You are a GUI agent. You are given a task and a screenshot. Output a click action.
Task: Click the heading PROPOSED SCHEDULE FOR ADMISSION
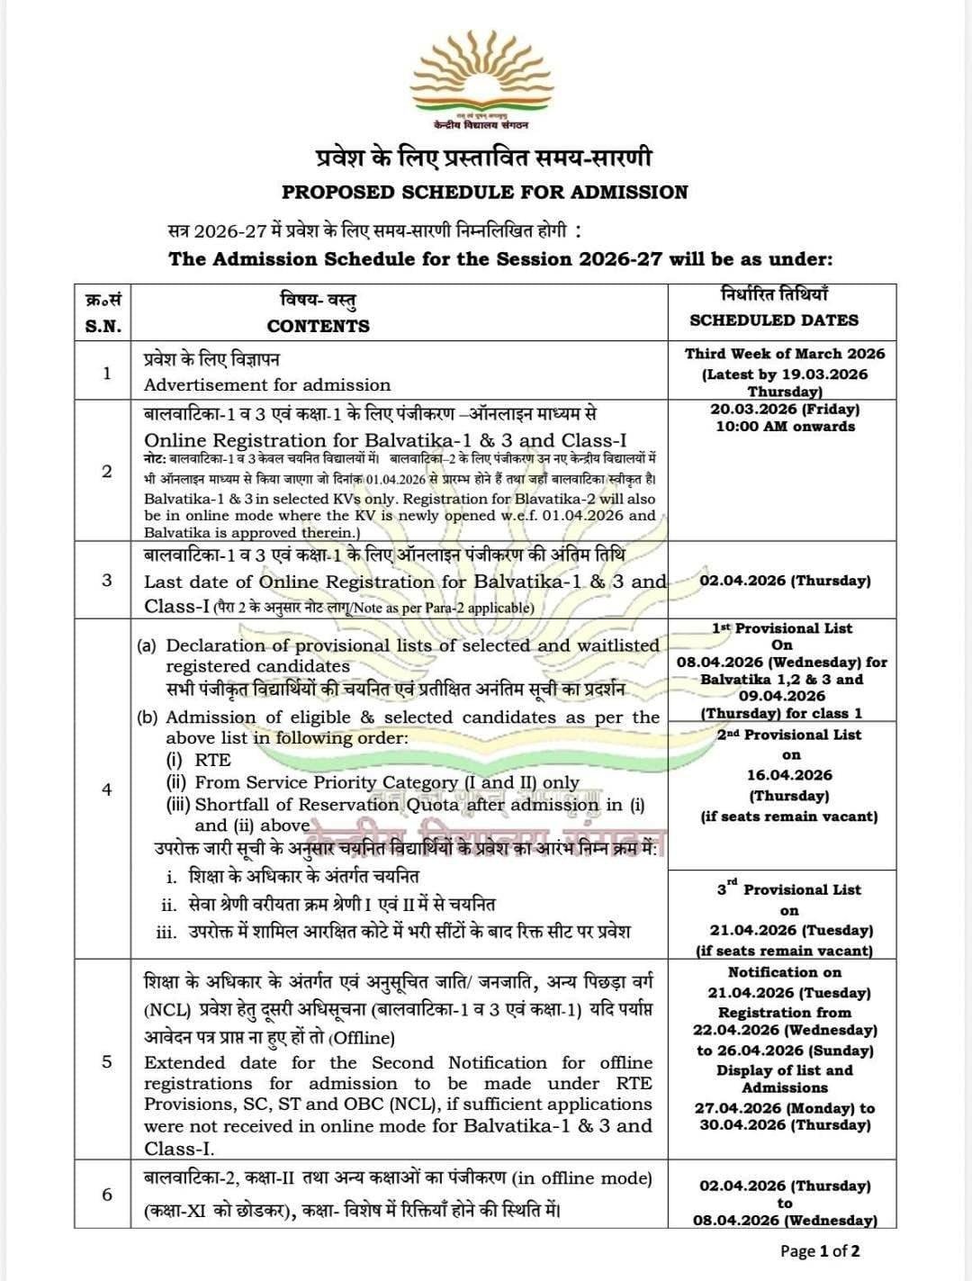pos(484,192)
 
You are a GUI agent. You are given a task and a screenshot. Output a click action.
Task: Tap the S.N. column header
pos(103,326)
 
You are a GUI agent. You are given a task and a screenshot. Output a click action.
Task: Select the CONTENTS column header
pos(318,326)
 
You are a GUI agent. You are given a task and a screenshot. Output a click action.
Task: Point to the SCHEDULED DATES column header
pos(774,320)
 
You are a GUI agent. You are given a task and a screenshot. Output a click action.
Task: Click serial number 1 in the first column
pos(107,372)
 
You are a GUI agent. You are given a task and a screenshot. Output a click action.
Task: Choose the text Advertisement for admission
pos(267,385)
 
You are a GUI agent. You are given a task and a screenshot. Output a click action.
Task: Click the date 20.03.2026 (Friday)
pos(785,409)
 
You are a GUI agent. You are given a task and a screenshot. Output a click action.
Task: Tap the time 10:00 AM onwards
pos(785,426)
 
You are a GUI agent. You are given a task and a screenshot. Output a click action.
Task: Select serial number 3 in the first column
pos(107,580)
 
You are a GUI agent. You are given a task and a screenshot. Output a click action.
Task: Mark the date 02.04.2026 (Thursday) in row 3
pos(785,581)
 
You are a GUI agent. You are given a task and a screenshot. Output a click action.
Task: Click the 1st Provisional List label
pos(782,628)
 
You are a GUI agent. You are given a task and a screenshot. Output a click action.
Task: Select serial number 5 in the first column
pos(107,1061)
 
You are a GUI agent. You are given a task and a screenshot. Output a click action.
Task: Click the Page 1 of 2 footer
pos(820,1250)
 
